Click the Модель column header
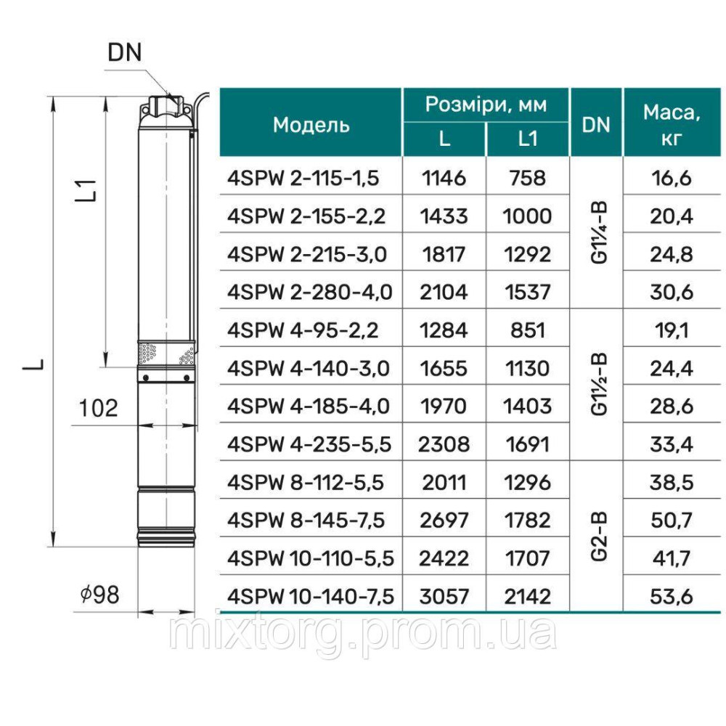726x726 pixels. pos(311,124)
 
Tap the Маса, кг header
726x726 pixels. pos(672,124)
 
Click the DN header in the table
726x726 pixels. pos(595,124)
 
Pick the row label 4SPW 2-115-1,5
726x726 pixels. pos(303,178)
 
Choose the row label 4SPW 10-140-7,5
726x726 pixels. pos(311,597)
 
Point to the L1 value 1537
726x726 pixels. pos(528,292)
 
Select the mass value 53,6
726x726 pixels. pos(672,597)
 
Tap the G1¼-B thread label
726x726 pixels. pos(596,234)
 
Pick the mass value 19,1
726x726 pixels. pos(672,330)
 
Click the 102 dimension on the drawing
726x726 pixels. pos(98,408)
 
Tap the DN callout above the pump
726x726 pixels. pos(124,52)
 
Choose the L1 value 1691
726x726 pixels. pos(528,444)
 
